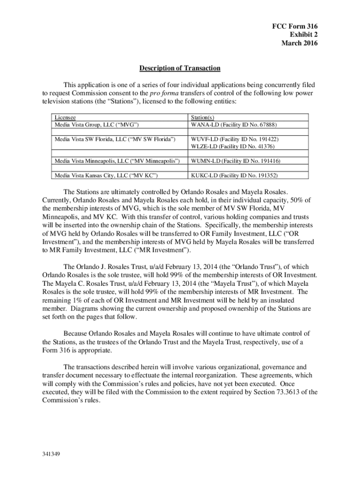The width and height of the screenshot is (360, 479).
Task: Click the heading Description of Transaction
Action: coord(180,68)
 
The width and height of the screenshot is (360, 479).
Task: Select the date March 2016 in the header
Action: coord(299,44)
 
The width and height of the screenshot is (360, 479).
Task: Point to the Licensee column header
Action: coord(65,118)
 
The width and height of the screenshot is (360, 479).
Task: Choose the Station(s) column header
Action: coord(202,118)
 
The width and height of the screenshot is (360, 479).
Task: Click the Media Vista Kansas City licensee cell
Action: coord(106,175)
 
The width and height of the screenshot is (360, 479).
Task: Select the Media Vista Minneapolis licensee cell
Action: coord(117,161)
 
